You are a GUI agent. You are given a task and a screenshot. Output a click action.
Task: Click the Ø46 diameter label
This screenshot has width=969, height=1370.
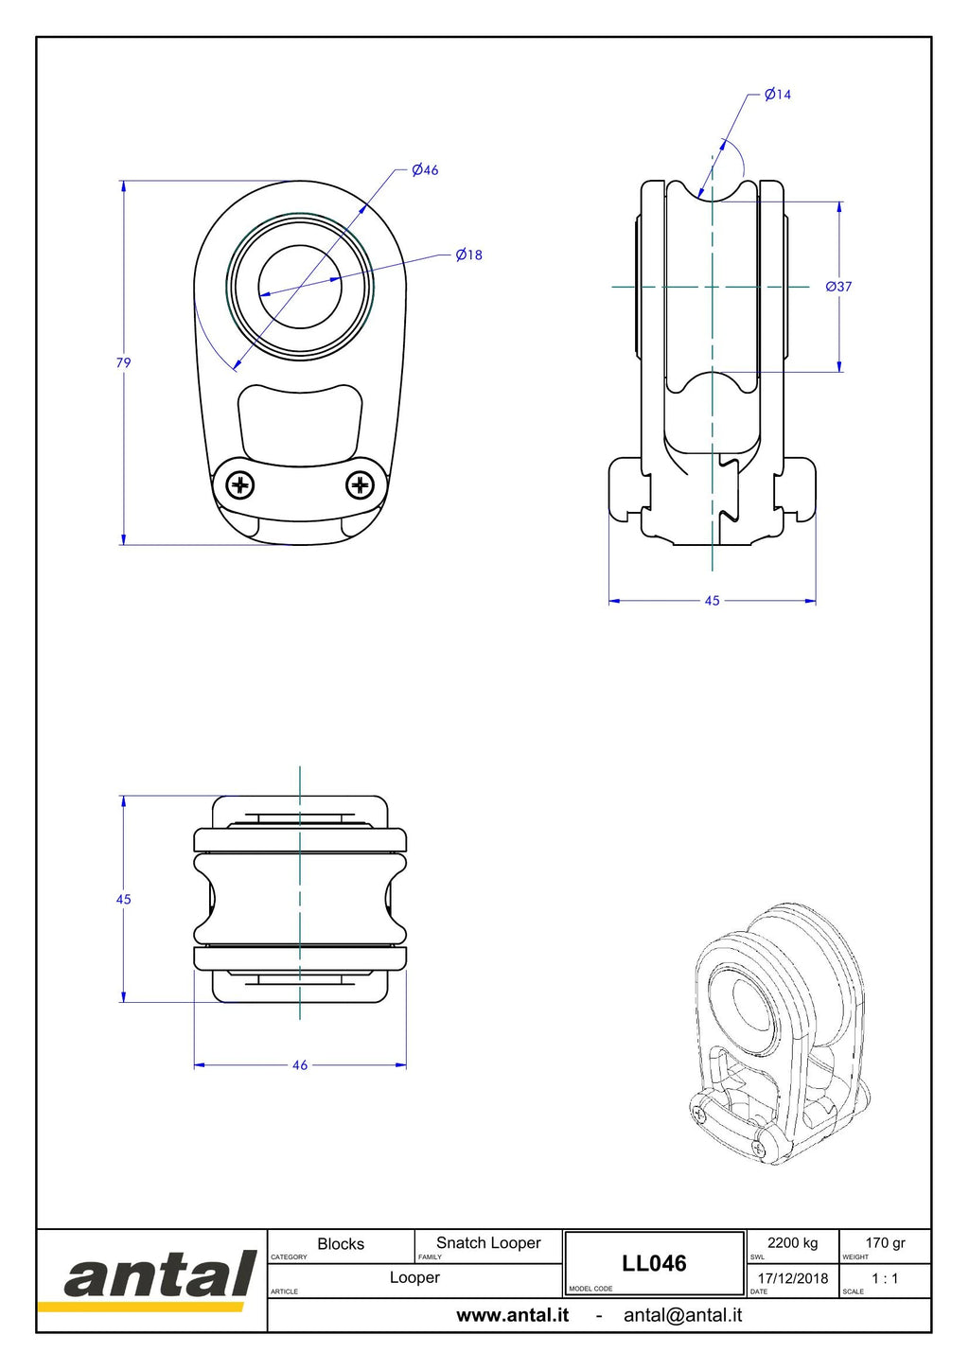tap(425, 170)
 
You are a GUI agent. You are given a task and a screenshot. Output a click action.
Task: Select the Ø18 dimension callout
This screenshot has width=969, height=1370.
tap(468, 255)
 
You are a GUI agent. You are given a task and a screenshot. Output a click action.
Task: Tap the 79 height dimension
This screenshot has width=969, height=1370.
tap(124, 362)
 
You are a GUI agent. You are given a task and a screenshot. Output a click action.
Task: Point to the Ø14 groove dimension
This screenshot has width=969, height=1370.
tap(778, 95)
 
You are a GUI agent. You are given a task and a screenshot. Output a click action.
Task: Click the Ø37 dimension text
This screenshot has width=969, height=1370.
tap(838, 287)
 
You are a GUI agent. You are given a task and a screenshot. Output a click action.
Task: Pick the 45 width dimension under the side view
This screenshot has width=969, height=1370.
tap(712, 601)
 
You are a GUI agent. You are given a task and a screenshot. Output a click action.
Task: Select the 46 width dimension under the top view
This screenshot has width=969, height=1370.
tap(300, 1064)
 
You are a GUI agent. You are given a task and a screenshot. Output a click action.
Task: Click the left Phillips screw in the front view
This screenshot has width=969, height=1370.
tap(240, 486)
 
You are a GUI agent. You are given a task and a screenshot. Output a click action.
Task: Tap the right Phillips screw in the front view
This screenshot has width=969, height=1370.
tap(360, 486)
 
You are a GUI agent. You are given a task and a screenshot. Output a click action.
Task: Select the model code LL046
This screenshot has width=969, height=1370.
tap(654, 1263)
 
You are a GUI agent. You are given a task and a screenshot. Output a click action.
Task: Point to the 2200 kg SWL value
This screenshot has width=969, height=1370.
tap(792, 1243)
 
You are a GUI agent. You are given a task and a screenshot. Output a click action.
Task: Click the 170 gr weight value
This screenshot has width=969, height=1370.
tap(885, 1243)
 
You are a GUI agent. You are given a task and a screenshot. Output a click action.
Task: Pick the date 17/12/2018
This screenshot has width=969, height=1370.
tap(793, 1278)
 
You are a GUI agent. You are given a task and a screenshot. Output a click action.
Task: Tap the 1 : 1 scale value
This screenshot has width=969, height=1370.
tap(885, 1278)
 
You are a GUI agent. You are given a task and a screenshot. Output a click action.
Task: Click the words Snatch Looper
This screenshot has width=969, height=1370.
tap(488, 1243)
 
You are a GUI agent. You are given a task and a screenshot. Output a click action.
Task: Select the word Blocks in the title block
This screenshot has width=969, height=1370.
tap(341, 1244)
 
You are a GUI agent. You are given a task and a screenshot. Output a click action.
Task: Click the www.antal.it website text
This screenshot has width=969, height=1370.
tap(513, 1315)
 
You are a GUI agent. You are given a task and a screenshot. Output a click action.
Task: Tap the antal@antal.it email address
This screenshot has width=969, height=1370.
tap(682, 1315)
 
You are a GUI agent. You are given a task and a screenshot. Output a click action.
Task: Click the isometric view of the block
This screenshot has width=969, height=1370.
tap(778, 1032)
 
